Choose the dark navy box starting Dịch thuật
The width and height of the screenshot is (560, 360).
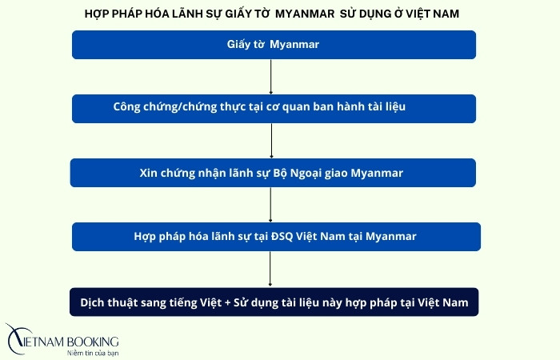coord(274,302)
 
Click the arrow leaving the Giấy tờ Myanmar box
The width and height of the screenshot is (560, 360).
coord(272,76)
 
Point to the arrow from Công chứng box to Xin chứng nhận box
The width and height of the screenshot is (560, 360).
coord(272,140)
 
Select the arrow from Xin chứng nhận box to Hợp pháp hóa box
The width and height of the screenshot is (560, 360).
coord(272,205)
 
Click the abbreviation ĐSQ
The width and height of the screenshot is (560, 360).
coord(260,237)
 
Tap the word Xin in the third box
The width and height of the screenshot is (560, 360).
coord(150,172)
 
